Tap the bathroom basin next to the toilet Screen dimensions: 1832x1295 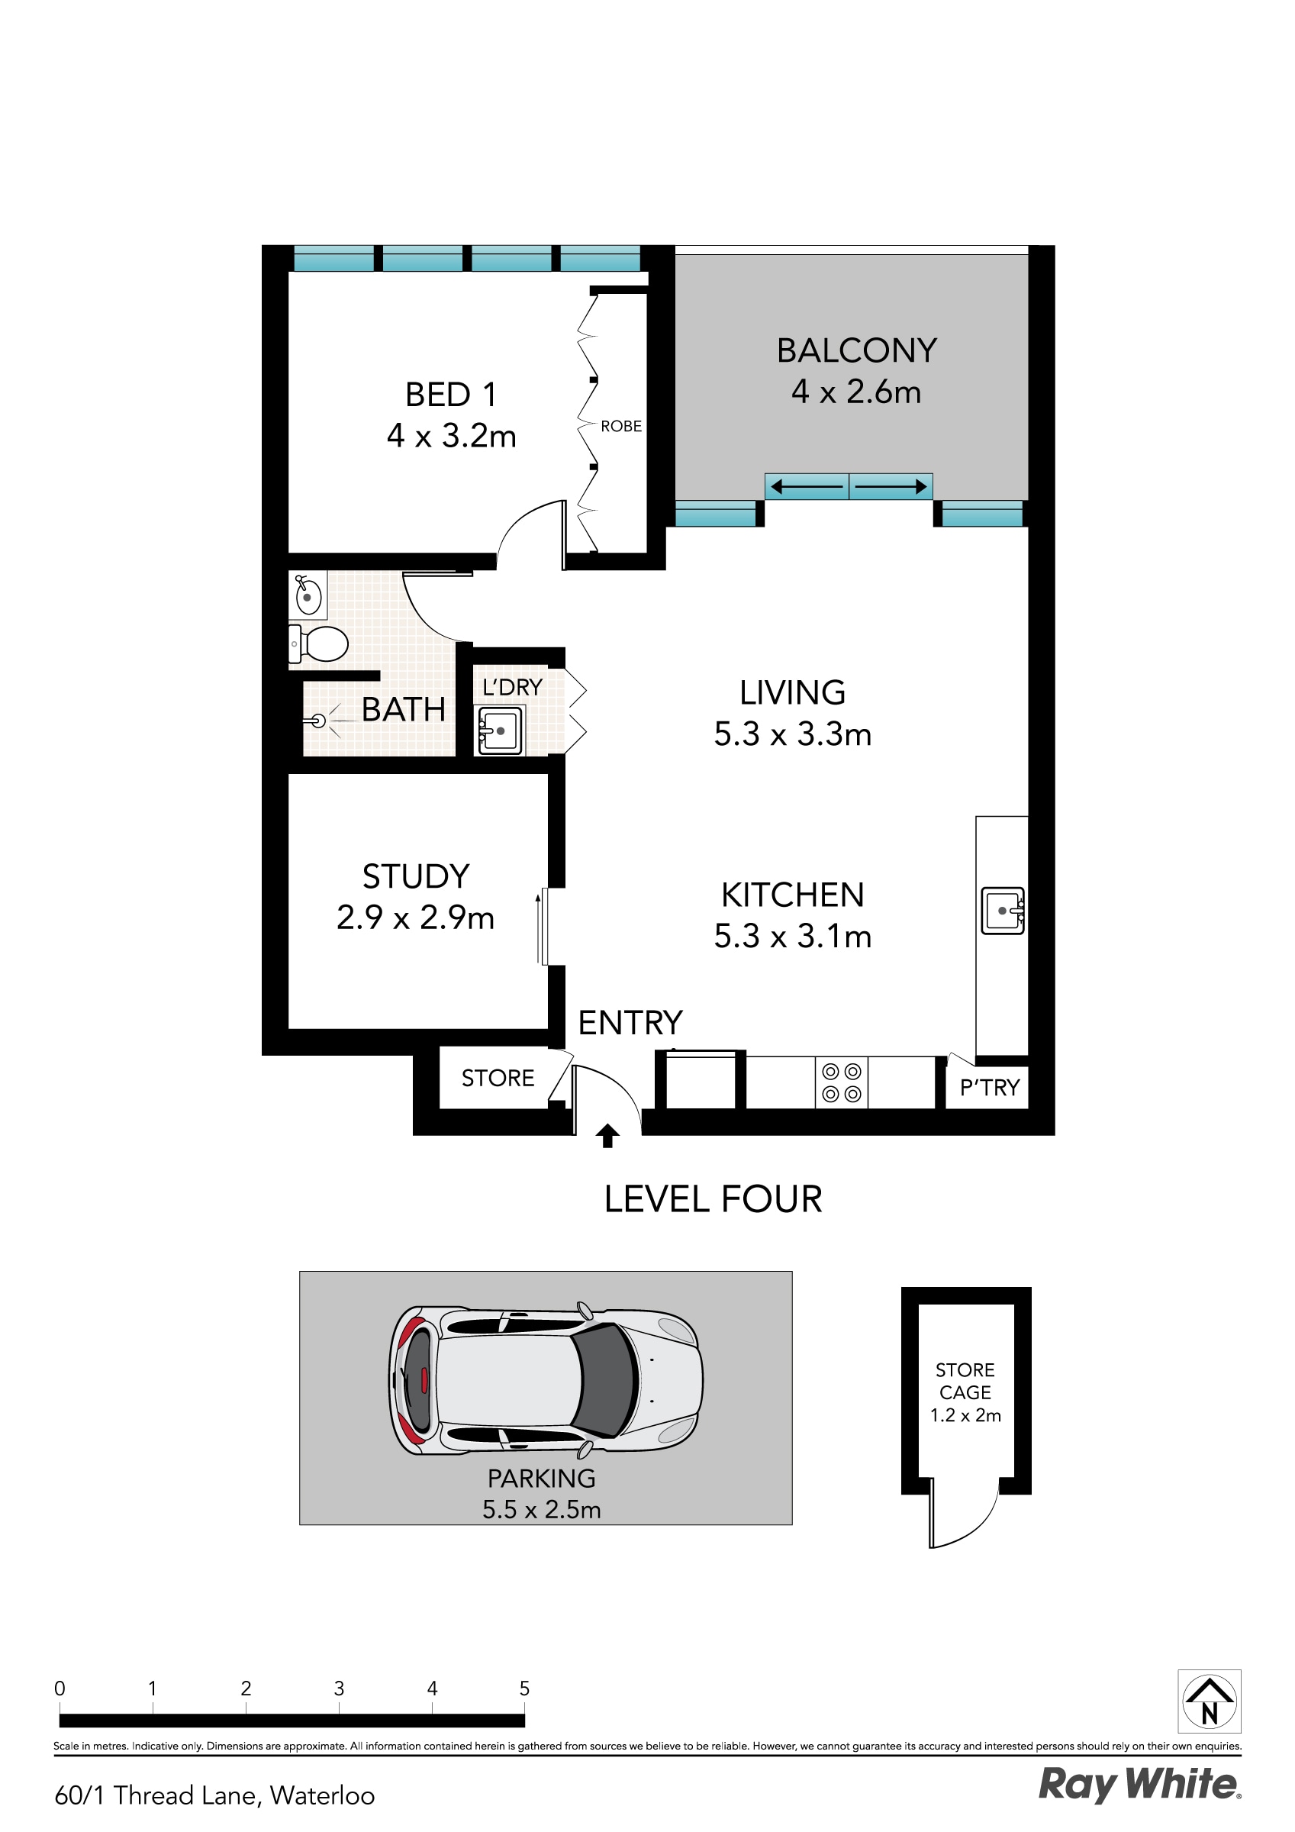pos(308,595)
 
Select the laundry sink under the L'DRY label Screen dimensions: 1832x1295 pos(500,729)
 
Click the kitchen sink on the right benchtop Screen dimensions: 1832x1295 pos(1002,911)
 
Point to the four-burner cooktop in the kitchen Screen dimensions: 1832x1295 pos(841,1082)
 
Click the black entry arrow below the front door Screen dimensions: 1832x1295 pos(607,1135)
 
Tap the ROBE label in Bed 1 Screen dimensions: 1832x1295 pos(620,426)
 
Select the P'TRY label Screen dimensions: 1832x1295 pos(990,1088)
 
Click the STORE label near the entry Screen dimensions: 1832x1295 pos(498,1078)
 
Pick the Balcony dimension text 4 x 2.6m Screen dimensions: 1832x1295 pos(856,392)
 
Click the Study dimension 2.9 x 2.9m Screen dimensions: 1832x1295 pos(415,918)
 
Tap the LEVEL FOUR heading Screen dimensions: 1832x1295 pos(713,1199)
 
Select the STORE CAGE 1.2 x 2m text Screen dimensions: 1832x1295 pos(965,1392)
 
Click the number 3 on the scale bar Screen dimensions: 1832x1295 pos(339,1688)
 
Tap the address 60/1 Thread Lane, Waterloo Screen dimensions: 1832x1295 pos(214,1795)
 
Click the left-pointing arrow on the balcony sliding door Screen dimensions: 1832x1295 pos(806,486)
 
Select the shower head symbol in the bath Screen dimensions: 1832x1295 pos(318,721)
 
